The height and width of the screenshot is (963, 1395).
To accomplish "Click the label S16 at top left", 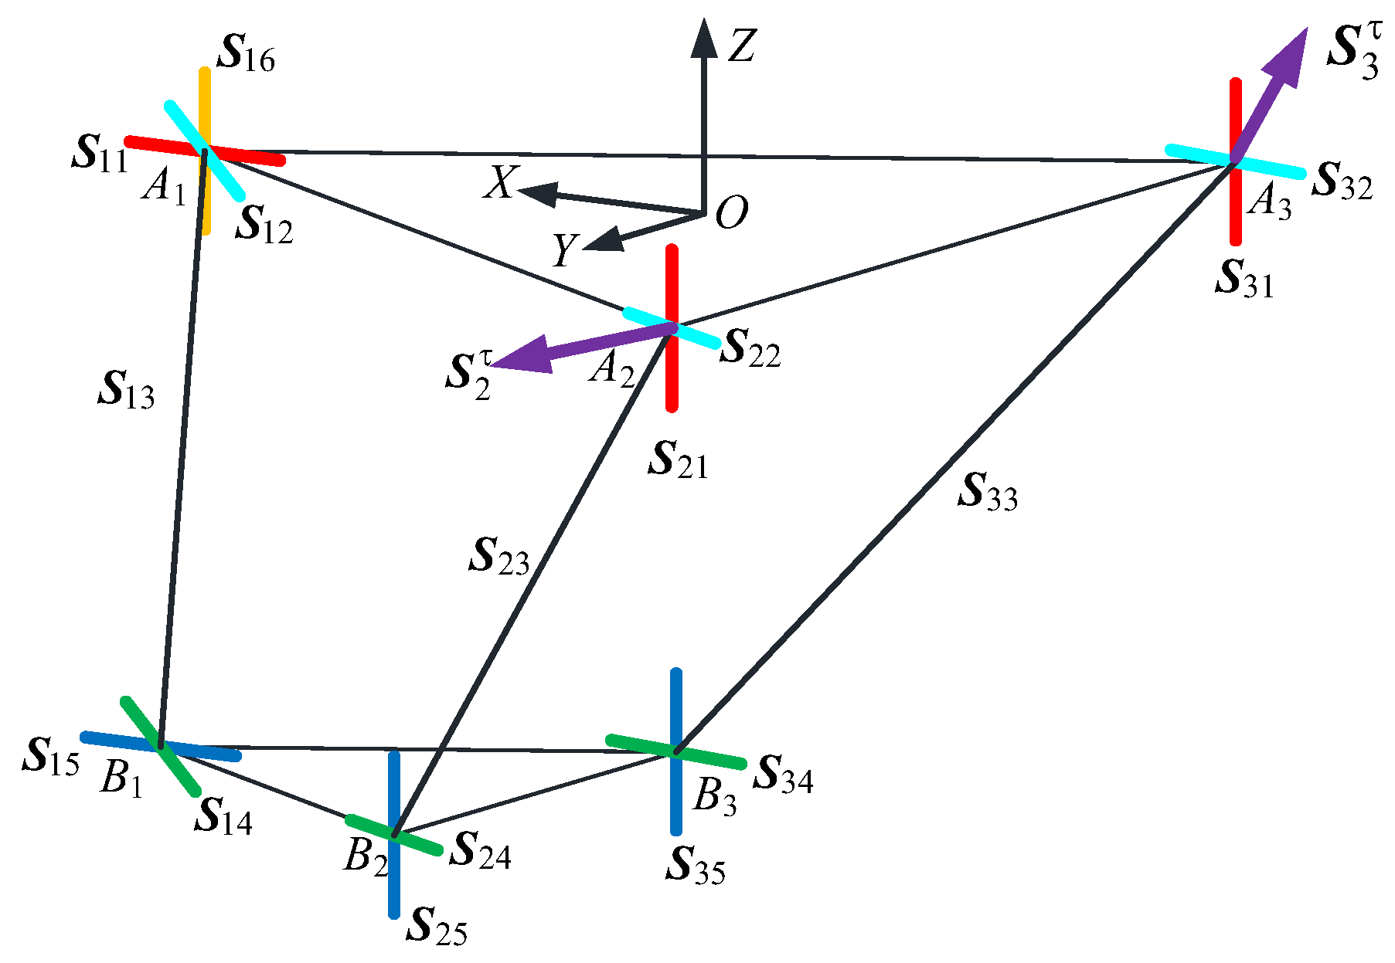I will click(x=247, y=54).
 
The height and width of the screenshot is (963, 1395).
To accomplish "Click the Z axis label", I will click(x=740, y=46).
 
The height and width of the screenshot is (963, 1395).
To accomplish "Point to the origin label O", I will click(x=731, y=212).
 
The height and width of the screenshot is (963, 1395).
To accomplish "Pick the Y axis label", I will click(x=565, y=250).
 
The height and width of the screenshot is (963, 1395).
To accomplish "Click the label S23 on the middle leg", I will click(x=499, y=557).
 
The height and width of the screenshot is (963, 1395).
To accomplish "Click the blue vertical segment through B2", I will click(x=394, y=888).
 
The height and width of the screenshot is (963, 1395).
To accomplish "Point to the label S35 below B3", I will click(x=695, y=866).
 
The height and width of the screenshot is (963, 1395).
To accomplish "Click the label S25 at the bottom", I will click(x=437, y=927).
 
